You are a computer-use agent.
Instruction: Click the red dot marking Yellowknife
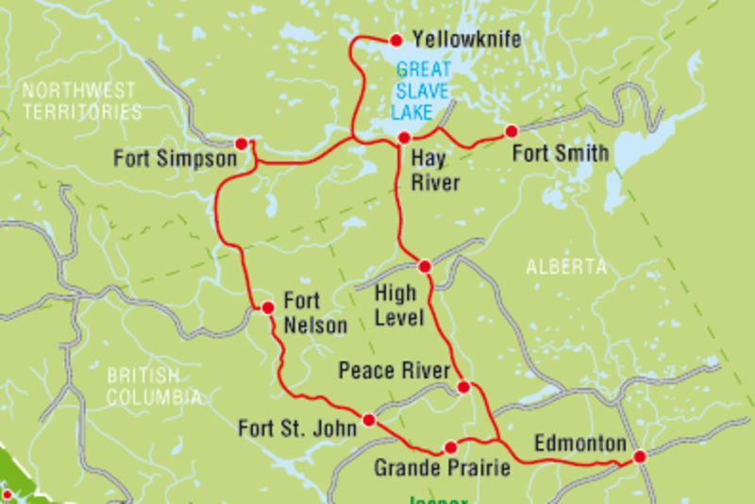click(x=396, y=40)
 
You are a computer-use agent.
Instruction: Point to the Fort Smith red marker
click(x=512, y=131)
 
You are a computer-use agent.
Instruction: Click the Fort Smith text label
click(x=560, y=153)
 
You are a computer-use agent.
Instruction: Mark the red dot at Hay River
click(x=404, y=139)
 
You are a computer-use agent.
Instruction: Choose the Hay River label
click(x=435, y=171)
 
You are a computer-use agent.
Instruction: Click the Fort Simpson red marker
click(x=242, y=143)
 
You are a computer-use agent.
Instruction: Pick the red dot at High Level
click(x=425, y=266)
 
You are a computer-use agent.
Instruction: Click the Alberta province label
click(x=566, y=267)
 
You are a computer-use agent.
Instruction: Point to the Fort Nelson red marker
click(x=267, y=308)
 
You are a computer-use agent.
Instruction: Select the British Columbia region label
click(x=153, y=386)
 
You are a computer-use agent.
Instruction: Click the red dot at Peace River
click(x=463, y=388)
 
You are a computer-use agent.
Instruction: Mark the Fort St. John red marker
click(x=369, y=420)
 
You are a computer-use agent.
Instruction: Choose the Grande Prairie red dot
click(x=451, y=447)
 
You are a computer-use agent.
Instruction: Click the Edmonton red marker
click(x=640, y=457)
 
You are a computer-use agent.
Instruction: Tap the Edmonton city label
click(x=579, y=444)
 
